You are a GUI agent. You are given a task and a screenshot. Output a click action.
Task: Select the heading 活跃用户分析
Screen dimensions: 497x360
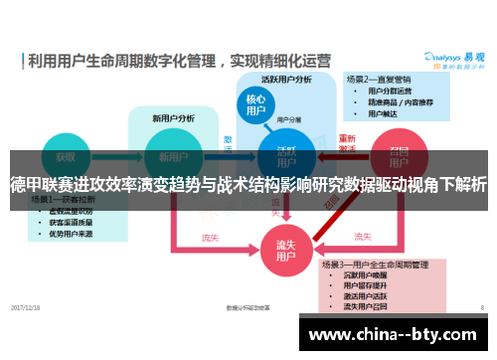pos(286,79)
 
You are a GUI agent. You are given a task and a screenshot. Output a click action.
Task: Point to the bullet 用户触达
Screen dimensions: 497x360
pos(384,113)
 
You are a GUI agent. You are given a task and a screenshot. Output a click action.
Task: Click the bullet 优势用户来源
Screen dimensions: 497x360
pos(74,236)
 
